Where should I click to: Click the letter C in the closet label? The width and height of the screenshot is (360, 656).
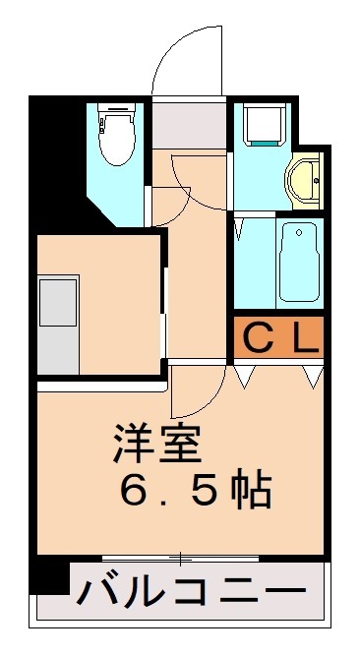tap(257, 340)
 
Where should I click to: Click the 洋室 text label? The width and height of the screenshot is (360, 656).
tap(157, 446)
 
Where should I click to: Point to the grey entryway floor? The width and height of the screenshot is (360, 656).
tap(190, 124)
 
